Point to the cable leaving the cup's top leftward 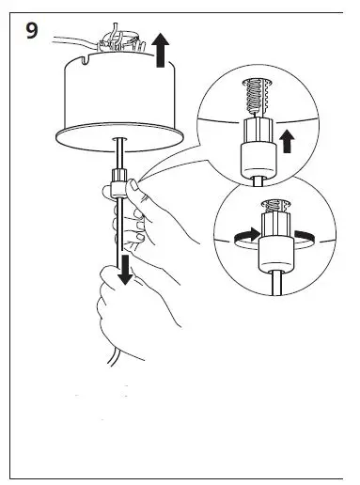[x=66, y=39]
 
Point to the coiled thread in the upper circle [x=254, y=95]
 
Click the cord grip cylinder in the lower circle [x=274, y=252]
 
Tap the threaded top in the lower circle [x=273, y=209]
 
